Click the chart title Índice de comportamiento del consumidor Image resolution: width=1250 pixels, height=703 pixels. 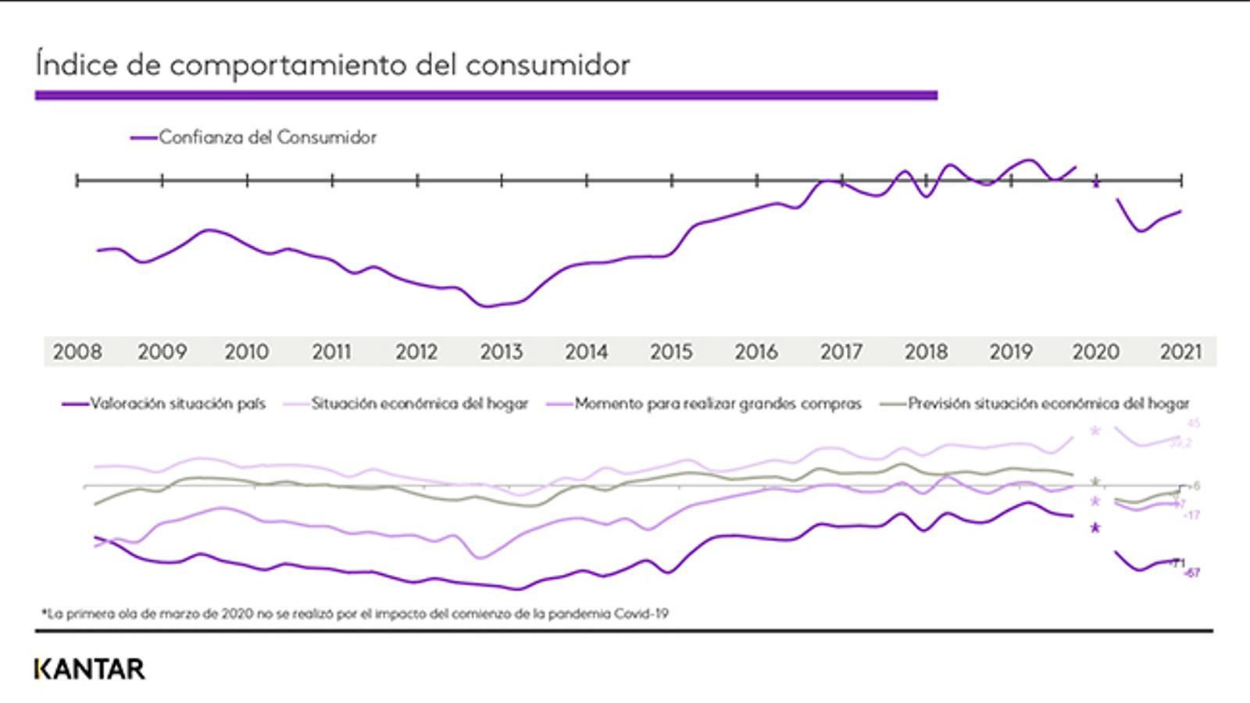tap(333, 64)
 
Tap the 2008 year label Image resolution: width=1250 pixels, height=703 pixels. tap(77, 352)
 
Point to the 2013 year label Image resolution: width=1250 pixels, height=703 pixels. tap(501, 352)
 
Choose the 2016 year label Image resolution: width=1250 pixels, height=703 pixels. tap(755, 352)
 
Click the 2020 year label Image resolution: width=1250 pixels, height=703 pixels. tap(1095, 352)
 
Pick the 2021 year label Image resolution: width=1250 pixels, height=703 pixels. tap(1180, 352)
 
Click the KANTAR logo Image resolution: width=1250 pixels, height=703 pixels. tap(90, 669)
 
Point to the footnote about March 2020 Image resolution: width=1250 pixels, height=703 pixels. tap(355, 614)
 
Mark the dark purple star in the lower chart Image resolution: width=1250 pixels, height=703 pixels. tap(1095, 528)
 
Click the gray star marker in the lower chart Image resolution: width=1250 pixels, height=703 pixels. tap(1095, 482)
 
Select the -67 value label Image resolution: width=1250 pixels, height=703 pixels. tap(1192, 573)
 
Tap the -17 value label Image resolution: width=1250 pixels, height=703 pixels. tap(1191, 516)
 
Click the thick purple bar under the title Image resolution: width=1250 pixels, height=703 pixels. tap(486, 95)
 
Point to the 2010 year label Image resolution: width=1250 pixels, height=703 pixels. tap(247, 352)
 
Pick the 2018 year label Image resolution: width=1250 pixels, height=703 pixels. tap(926, 352)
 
